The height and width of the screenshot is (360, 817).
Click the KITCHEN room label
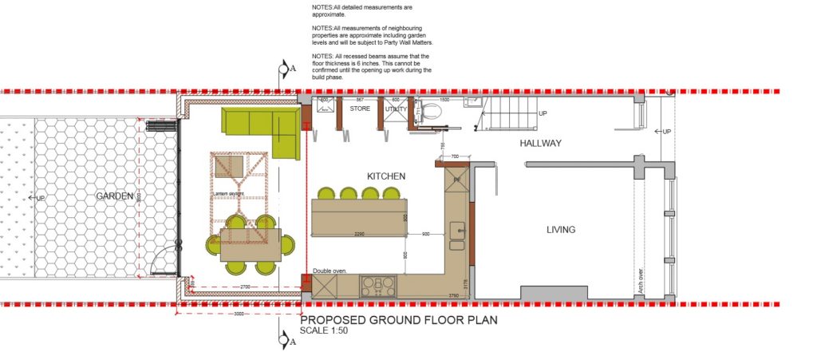(x=386, y=176)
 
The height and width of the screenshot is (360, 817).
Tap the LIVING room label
(x=560, y=230)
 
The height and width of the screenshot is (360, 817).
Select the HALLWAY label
(x=541, y=144)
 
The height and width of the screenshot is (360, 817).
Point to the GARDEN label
(x=114, y=196)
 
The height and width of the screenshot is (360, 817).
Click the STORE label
(x=360, y=109)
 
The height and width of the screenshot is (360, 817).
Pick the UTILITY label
(x=396, y=109)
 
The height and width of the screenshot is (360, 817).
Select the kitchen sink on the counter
(x=458, y=231)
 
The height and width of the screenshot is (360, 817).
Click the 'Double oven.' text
(x=330, y=271)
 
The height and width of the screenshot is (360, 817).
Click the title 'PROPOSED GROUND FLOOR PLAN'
(x=399, y=320)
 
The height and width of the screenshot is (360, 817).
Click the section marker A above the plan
(x=284, y=69)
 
